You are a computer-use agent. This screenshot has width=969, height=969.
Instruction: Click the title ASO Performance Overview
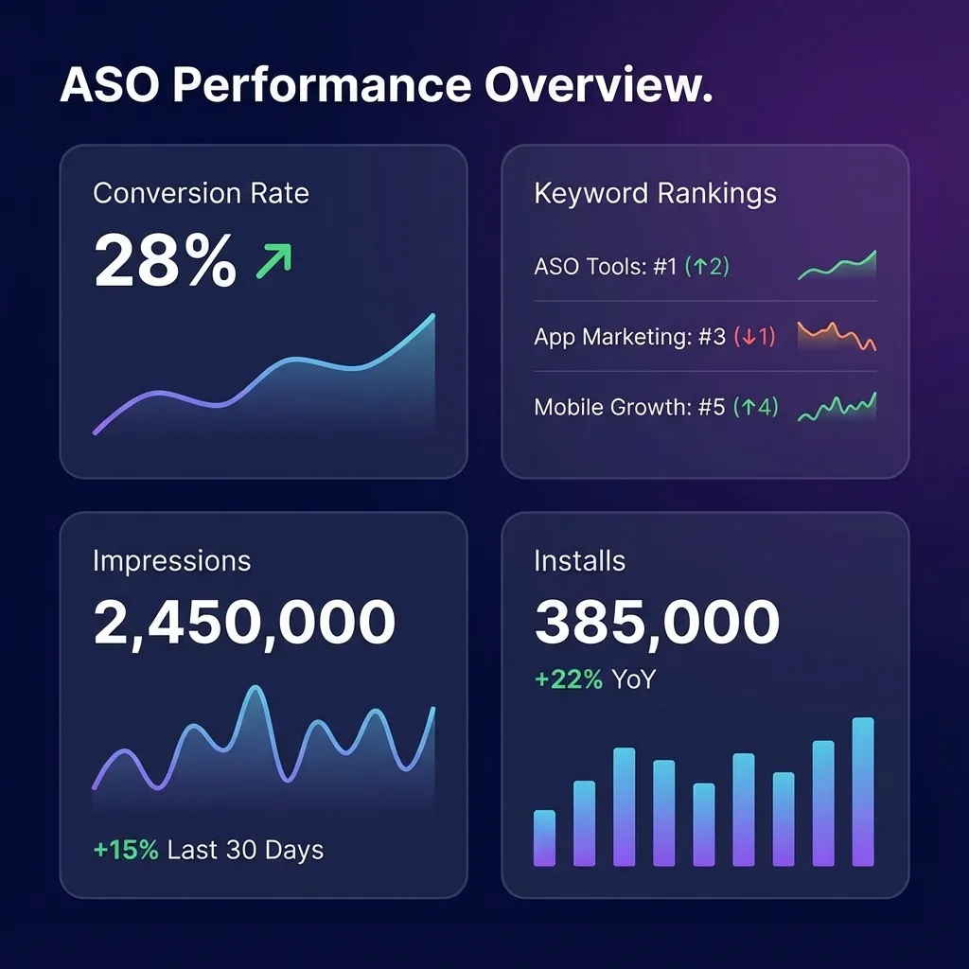[x=386, y=86]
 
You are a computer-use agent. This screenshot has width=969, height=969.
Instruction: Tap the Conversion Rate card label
[x=201, y=194]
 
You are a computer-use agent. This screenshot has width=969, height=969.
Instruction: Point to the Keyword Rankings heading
[x=655, y=194]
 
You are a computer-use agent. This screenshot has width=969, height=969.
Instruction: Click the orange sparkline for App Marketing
[x=837, y=336]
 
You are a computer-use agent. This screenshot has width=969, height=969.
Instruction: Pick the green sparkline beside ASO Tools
[x=837, y=267]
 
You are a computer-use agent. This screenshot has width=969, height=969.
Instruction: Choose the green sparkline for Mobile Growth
[x=837, y=408]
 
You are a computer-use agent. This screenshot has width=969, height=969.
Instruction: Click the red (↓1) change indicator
[x=755, y=337]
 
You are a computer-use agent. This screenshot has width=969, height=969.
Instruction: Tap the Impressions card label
[x=171, y=561]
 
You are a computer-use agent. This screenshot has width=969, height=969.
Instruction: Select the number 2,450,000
[x=244, y=623]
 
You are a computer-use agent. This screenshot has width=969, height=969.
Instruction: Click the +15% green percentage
[x=126, y=850]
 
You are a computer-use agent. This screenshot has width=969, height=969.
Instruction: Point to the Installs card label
[x=579, y=561]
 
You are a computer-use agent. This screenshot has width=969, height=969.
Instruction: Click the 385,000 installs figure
[x=657, y=623]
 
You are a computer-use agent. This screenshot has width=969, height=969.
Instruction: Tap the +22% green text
[x=568, y=679]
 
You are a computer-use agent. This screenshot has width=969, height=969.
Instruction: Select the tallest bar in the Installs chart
[x=862, y=793]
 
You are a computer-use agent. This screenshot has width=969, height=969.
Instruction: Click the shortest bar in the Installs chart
[x=544, y=838]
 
